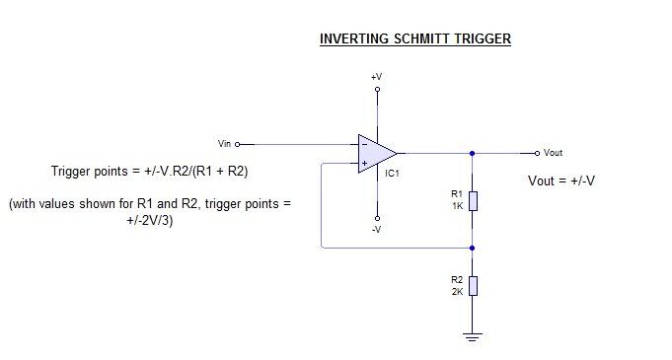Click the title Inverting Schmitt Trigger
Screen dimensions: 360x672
pyautogui.click(x=414, y=39)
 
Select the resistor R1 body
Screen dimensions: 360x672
pyautogui.click(x=473, y=201)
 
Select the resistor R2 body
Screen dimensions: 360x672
pyautogui.click(x=473, y=286)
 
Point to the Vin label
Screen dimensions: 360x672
pyautogui.click(x=225, y=143)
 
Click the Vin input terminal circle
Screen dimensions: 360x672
pyautogui.click(x=238, y=143)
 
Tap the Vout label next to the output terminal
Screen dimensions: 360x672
pyautogui.click(x=554, y=153)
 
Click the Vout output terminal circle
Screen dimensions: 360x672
pyautogui.click(x=536, y=153)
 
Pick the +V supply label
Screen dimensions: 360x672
pyautogui.click(x=376, y=76)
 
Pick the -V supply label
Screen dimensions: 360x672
pyautogui.click(x=376, y=229)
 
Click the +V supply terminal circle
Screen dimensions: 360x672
pyautogui.click(x=376, y=89)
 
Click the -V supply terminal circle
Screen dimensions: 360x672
pyautogui.click(x=376, y=217)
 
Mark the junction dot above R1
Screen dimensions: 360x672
pyautogui.click(x=473, y=153)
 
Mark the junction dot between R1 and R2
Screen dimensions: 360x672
pyautogui.click(x=473, y=248)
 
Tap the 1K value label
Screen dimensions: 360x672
pyautogui.click(x=456, y=205)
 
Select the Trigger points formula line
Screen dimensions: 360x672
pyautogui.click(x=149, y=171)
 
